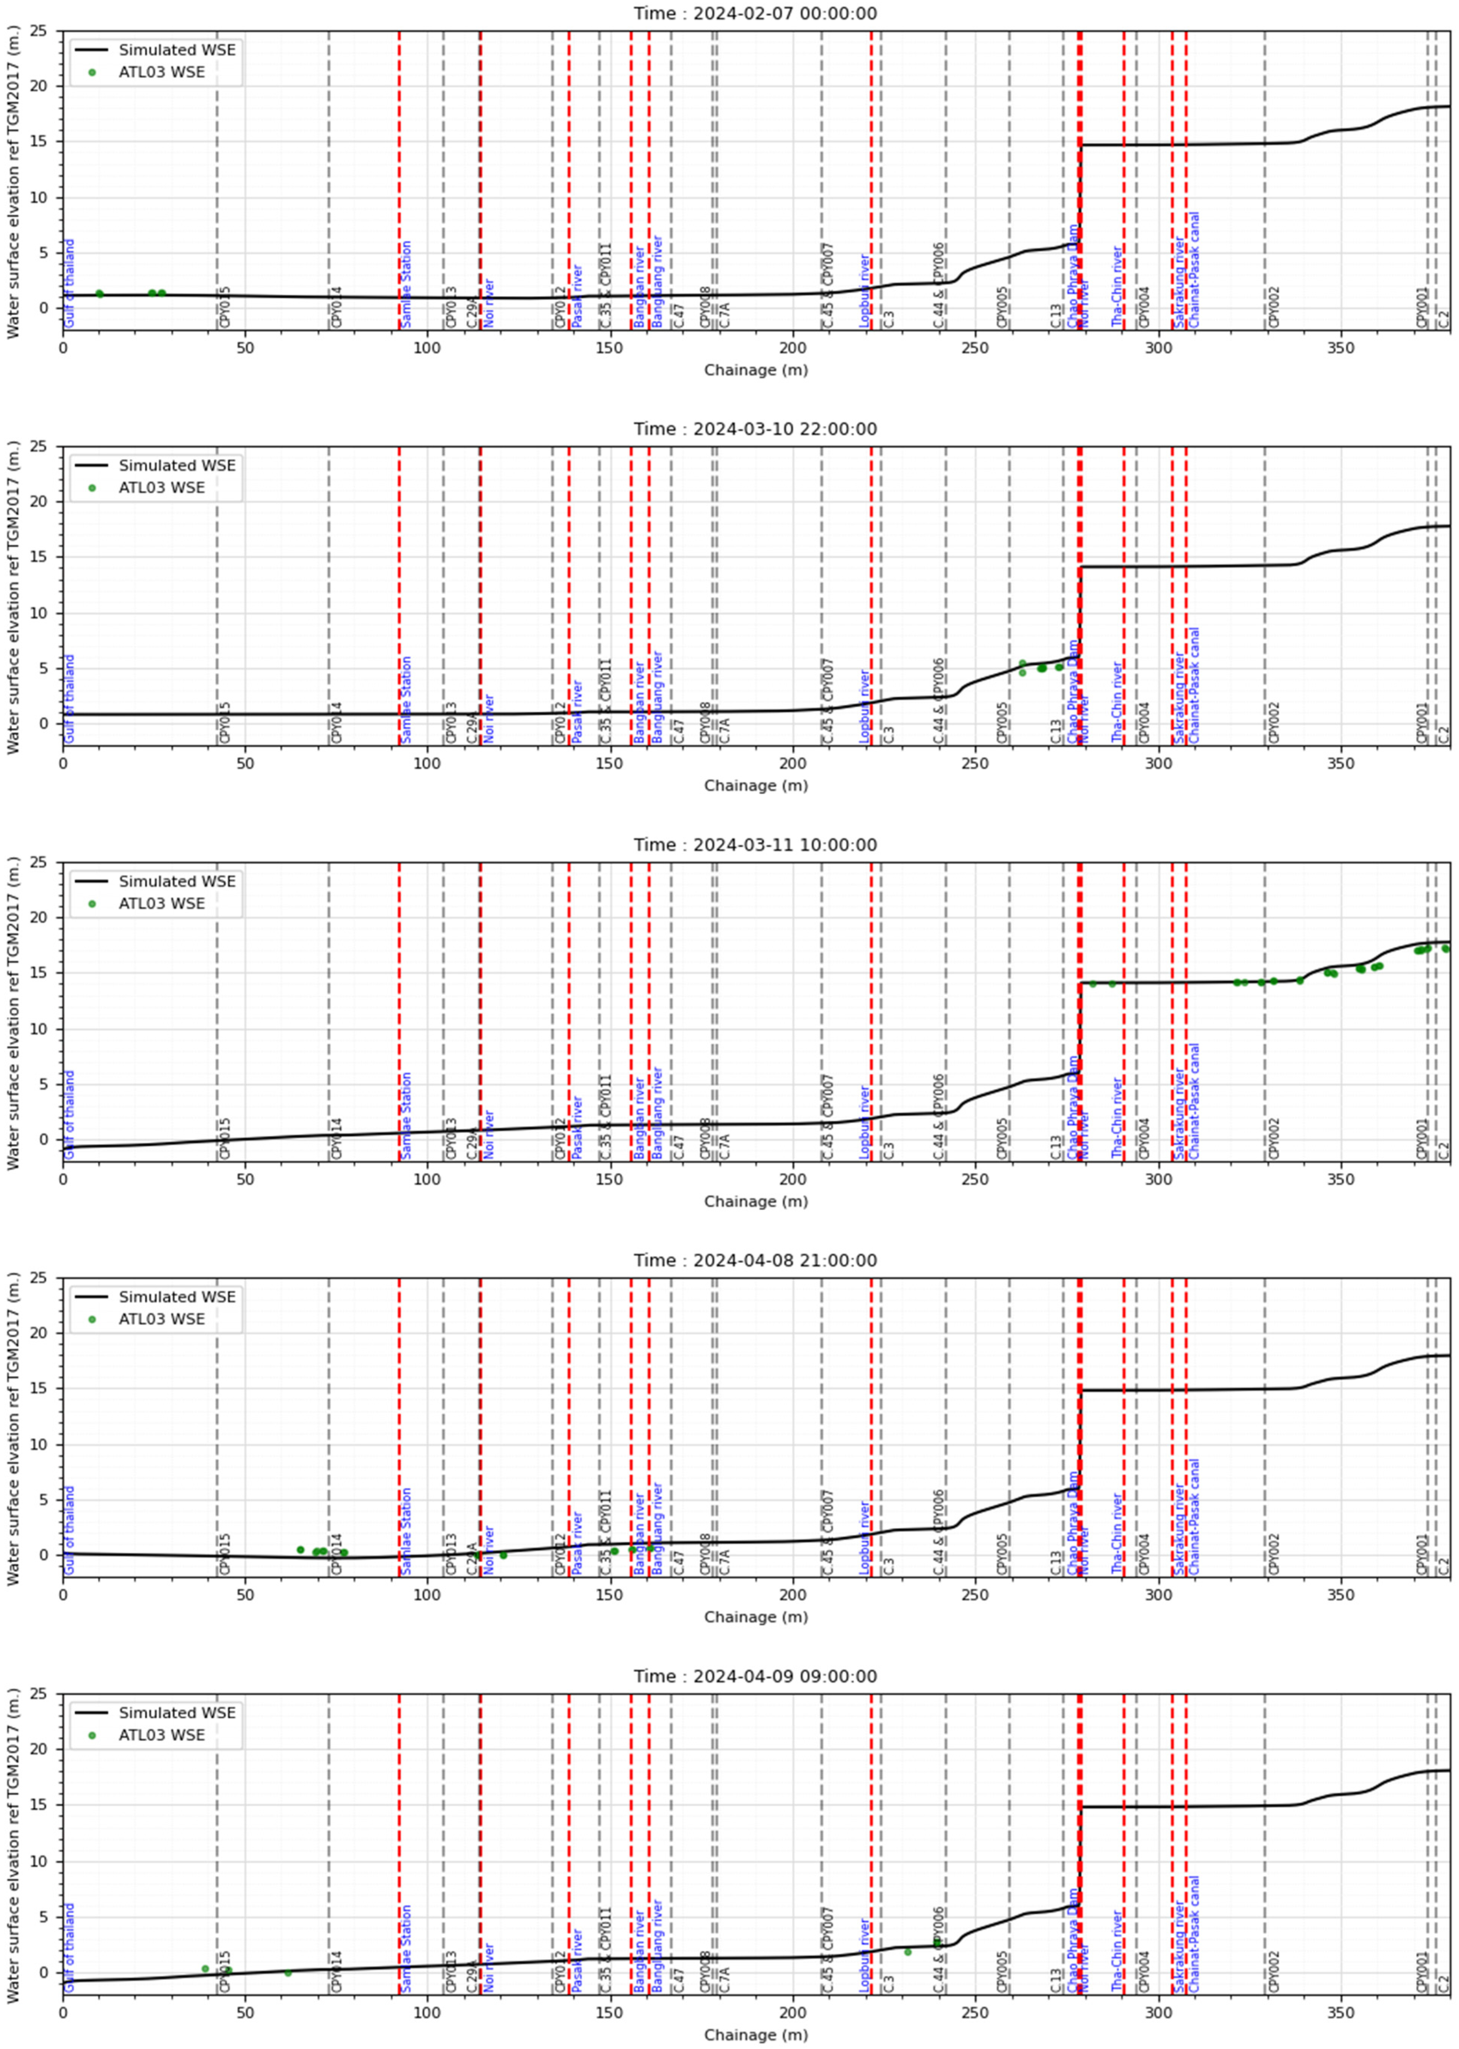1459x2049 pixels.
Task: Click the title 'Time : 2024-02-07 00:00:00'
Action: [755, 14]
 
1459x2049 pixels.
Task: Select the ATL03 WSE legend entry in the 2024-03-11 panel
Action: [162, 903]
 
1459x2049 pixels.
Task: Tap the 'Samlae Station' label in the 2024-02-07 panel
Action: [406, 284]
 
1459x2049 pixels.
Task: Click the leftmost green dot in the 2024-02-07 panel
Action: [100, 294]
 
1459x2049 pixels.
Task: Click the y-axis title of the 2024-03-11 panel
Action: [13, 1017]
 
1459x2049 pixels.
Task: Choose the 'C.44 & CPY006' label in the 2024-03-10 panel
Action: [939, 701]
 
